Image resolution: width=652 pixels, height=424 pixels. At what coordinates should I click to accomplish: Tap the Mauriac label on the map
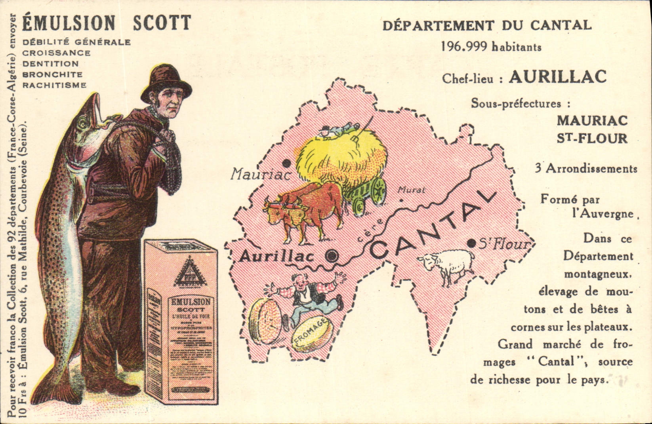pos(261,174)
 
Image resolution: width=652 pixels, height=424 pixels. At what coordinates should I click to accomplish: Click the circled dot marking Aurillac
pos(332,257)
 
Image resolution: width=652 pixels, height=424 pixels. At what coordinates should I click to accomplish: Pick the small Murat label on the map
pos(411,190)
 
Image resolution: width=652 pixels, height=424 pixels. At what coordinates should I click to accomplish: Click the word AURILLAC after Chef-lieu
pos(557,77)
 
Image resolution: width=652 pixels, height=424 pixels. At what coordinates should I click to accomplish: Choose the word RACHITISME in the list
pos(54,85)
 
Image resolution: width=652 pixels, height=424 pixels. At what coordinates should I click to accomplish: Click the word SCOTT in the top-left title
pos(162,23)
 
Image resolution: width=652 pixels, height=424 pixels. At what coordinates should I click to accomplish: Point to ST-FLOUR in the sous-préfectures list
pos(592,138)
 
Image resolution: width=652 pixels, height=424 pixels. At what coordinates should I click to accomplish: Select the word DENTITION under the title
pos(50,64)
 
